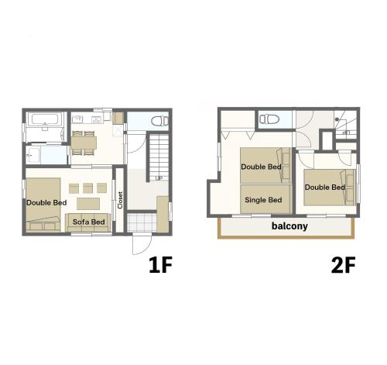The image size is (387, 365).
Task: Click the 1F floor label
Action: click(x=160, y=265)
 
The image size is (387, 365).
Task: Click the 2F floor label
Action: click(x=343, y=265)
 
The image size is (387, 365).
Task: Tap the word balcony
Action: click(x=289, y=226)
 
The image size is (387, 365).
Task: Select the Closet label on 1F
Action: click(x=120, y=200)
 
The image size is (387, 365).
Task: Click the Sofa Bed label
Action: click(x=89, y=222)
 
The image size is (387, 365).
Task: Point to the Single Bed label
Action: click(x=263, y=200)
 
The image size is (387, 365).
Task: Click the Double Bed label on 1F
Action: click(x=46, y=203)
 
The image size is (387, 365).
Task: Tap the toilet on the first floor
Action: click(x=160, y=121)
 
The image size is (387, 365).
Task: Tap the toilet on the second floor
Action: click(x=269, y=119)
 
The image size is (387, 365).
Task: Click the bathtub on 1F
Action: click(x=45, y=120)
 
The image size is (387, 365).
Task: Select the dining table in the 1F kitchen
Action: click(x=84, y=143)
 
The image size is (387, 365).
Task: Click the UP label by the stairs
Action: click(x=159, y=178)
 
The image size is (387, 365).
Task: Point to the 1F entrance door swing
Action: click(x=142, y=244)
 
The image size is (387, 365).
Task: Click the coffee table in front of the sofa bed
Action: click(x=88, y=204)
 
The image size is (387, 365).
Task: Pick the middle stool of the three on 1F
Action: click(x=87, y=188)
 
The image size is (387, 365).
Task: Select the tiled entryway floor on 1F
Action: click(x=142, y=222)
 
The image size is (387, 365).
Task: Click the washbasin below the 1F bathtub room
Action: click(x=33, y=155)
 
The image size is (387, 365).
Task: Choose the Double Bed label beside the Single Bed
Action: click(x=261, y=167)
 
